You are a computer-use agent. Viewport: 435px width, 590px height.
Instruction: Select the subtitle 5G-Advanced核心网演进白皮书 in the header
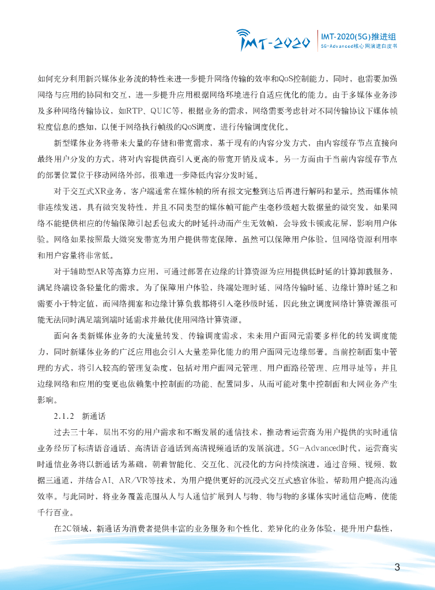(358, 45)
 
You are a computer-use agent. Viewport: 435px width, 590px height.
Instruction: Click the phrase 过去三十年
(70, 431)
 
